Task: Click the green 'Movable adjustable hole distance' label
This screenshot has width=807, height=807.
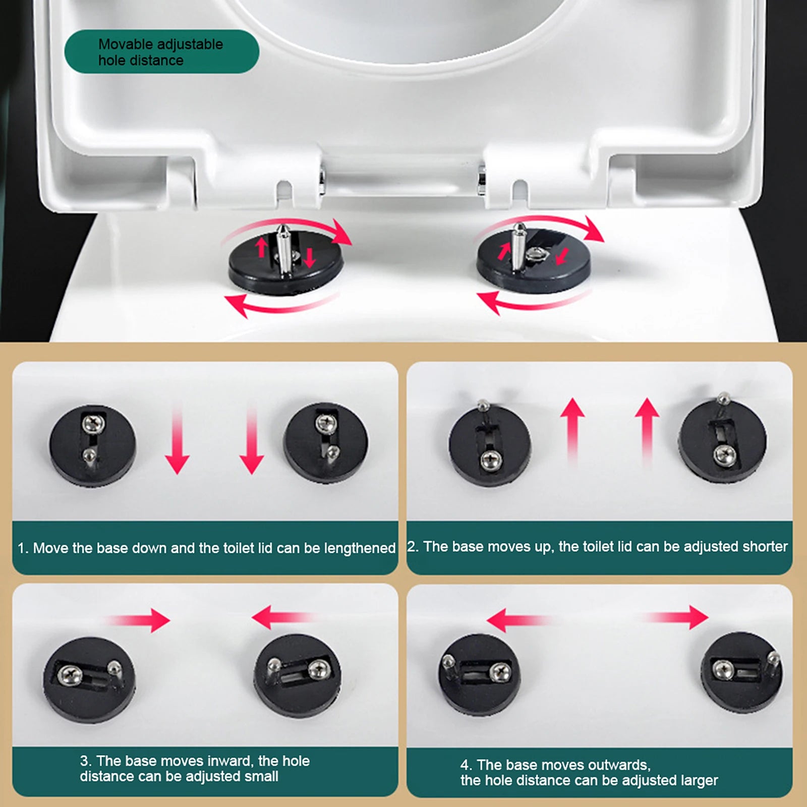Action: pyautogui.click(x=161, y=51)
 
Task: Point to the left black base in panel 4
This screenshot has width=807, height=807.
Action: pyautogui.click(x=479, y=676)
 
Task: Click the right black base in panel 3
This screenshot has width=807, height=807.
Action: pyautogui.click(x=297, y=678)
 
